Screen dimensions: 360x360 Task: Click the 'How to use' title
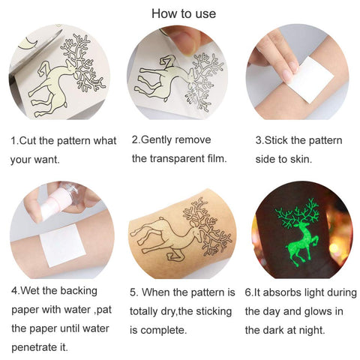pyautogui.click(x=184, y=13)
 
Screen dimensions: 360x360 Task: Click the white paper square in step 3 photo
pyautogui.click(x=310, y=79)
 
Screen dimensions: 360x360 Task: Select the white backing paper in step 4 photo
pyautogui.click(x=63, y=245)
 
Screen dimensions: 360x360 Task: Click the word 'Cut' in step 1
pyautogui.click(x=28, y=140)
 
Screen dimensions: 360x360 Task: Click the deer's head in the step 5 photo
pyautogui.click(x=196, y=234)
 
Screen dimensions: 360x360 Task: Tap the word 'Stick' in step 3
pyautogui.click(x=276, y=140)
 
